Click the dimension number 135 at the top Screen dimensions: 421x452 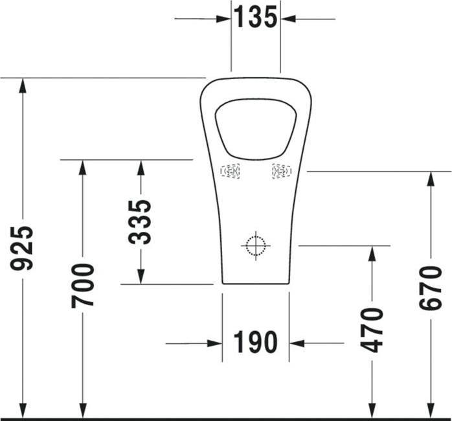(256, 17)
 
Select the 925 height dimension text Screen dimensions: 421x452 (24, 248)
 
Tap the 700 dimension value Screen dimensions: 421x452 (83, 285)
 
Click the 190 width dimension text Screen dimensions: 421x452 (255, 343)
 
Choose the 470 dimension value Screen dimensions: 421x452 (372, 330)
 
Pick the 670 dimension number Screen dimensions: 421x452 (431, 288)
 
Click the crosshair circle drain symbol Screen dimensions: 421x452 (256, 245)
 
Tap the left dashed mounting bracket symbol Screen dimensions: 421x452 (230, 171)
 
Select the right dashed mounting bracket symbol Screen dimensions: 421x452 (282, 171)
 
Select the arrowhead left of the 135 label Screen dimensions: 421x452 (224, 19)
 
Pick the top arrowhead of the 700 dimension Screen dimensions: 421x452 (82, 167)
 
